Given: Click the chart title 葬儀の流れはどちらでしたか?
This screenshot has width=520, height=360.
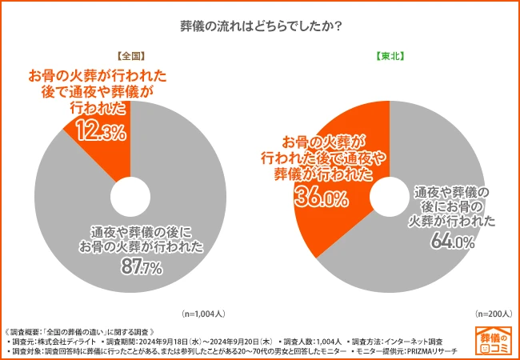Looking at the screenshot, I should click(x=260, y=26).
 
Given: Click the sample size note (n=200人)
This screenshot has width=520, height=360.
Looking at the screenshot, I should click(x=491, y=314).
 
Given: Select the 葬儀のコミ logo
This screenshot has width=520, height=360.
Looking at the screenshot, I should click(x=494, y=342).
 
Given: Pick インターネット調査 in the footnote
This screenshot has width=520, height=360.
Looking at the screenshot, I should click(x=408, y=341).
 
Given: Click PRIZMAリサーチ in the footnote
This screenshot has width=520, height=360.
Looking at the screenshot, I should click(x=437, y=351).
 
